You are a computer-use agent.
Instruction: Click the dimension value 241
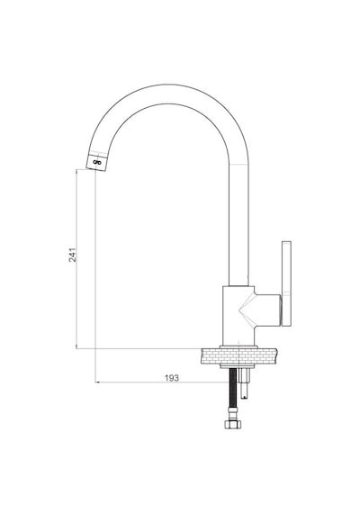coord(73,255)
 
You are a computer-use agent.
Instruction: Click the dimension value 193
coord(172,378)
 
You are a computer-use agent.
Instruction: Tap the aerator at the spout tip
coord(97,161)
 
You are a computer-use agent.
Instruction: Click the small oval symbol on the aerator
coord(97,162)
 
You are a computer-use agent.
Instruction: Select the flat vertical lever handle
coord(286,283)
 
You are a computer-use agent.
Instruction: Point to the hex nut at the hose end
coord(233,424)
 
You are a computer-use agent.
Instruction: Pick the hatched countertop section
coord(239,356)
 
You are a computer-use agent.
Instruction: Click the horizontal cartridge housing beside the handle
coord(267,310)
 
